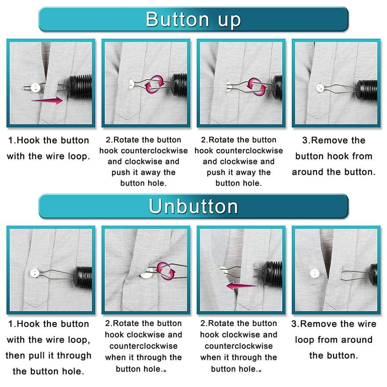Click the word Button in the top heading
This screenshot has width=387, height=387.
click(x=177, y=19)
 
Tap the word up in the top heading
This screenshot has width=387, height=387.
click(x=229, y=21)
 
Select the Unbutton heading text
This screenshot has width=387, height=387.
click(x=193, y=206)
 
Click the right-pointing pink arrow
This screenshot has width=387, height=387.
click(x=48, y=100)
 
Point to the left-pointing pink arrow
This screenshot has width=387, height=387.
click(x=242, y=286)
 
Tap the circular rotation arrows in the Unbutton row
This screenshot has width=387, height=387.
click(x=166, y=271)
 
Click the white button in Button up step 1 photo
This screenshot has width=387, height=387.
click(x=36, y=87)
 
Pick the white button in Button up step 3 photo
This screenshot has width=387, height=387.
click(x=320, y=88)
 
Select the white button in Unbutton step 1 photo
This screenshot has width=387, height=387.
click(x=35, y=273)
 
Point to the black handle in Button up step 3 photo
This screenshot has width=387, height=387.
click(x=367, y=90)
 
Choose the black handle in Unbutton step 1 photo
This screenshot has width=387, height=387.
click(x=84, y=277)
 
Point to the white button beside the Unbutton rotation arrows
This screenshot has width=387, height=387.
click(x=147, y=274)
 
